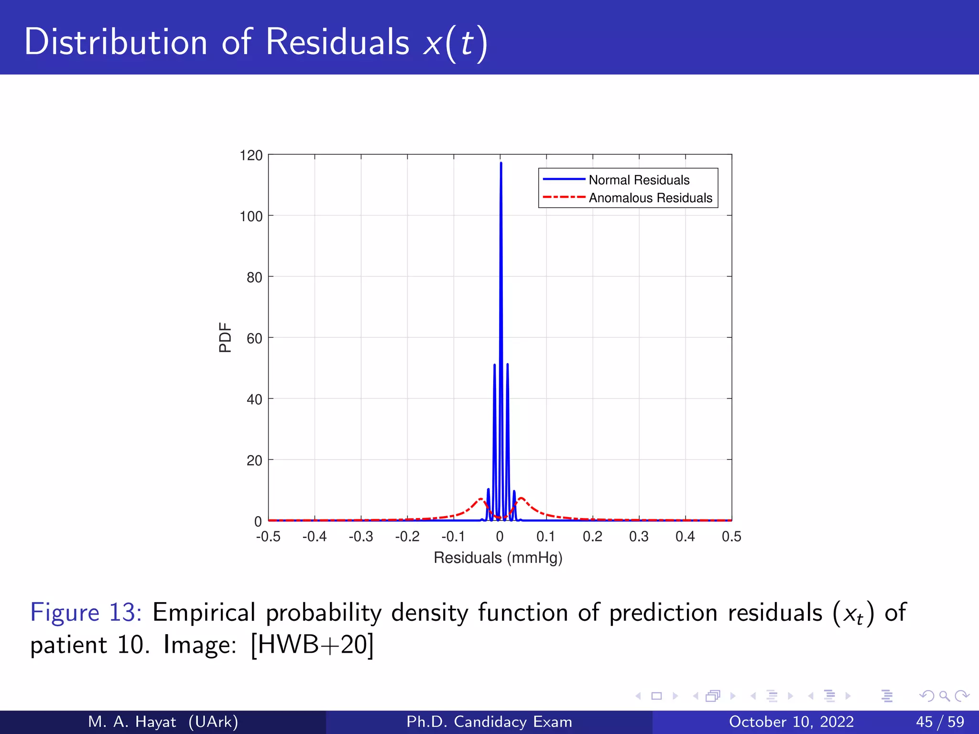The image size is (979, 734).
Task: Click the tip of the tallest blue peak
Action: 500,163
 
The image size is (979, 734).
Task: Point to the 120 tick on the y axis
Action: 251,156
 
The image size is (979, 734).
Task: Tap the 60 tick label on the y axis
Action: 254,339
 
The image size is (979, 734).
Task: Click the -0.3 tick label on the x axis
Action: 360,537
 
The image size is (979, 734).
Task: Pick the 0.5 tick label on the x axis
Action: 731,537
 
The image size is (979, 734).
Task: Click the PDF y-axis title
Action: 225,337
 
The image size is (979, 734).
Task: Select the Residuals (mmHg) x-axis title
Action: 498,558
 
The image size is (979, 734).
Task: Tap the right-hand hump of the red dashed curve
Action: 521,499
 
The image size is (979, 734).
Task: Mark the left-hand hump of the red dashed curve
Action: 480,499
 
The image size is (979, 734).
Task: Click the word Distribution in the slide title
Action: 115,42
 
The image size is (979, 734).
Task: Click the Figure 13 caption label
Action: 86,613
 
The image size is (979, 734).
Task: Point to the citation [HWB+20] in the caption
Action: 312,645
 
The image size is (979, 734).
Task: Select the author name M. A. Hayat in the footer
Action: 132,722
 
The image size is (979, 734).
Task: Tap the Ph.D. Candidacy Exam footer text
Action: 489,722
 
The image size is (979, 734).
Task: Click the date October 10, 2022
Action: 791,722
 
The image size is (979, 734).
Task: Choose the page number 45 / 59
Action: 940,722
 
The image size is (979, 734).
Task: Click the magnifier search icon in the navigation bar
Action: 944,696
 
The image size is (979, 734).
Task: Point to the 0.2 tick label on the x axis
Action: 592,537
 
